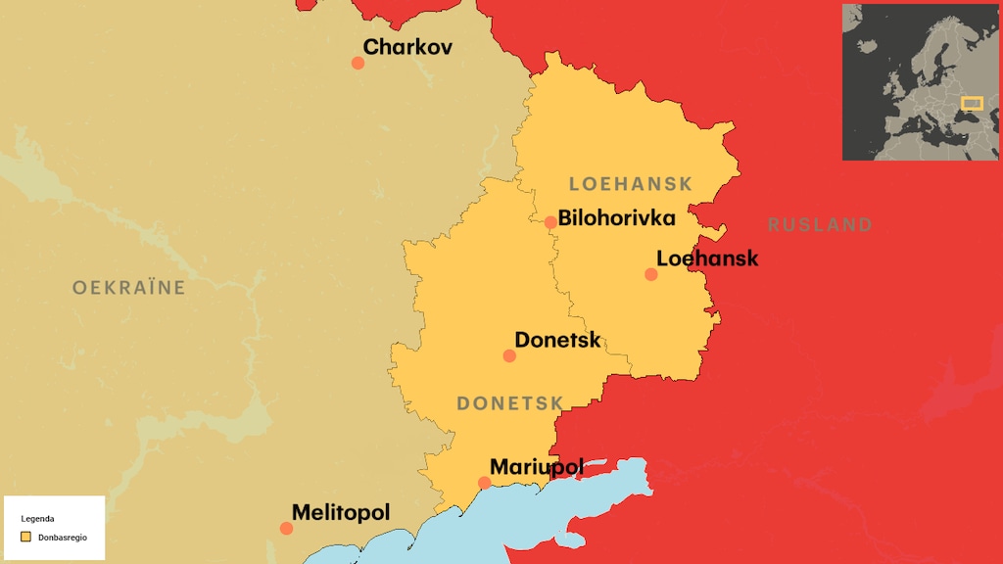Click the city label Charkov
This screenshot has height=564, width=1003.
click(407, 46)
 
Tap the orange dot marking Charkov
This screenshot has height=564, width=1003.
click(358, 63)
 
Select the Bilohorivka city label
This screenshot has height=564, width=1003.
click(616, 217)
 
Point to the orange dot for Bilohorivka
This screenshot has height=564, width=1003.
click(550, 222)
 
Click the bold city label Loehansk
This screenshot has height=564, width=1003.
click(707, 258)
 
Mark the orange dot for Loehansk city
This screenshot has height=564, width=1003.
click(651, 274)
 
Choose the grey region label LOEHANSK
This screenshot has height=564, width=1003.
click(630, 184)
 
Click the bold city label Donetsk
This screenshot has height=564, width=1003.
click(557, 340)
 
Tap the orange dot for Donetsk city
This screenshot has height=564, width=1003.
click(509, 355)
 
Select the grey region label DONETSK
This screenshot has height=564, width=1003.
click(510, 403)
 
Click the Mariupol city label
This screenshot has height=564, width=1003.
click(536, 467)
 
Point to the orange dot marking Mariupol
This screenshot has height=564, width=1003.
click(484, 483)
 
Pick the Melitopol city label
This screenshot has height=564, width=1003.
click(341, 512)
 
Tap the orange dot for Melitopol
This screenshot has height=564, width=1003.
click(286, 529)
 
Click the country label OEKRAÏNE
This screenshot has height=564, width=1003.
click(128, 288)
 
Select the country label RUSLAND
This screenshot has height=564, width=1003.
click(820, 225)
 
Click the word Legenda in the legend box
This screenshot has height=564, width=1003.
click(37, 519)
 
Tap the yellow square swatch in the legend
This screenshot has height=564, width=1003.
click(25, 538)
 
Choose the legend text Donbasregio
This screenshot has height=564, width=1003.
click(63, 538)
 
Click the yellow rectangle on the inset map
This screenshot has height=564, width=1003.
click(971, 103)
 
